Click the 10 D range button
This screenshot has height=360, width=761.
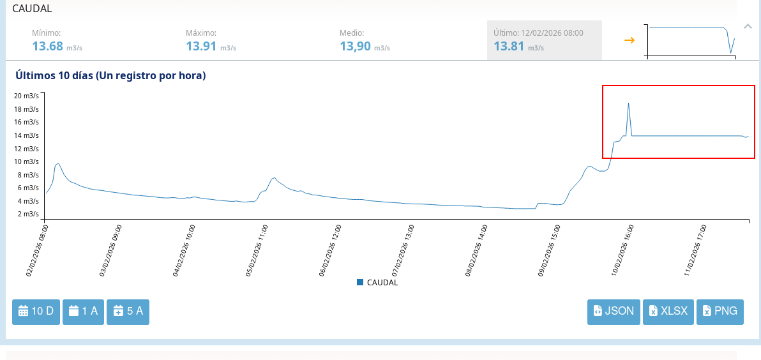pyautogui.click(x=36, y=311)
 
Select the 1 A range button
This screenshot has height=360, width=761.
pyautogui.click(x=83, y=311)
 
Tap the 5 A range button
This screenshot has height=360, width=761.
pyautogui.click(x=128, y=311)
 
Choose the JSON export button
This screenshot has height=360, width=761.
pyautogui.click(x=614, y=311)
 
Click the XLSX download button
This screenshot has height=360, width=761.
pyautogui.click(x=668, y=311)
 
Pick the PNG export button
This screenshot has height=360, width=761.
pyautogui.click(x=720, y=311)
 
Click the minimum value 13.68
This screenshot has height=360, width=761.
pyautogui.click(x=48, y=46)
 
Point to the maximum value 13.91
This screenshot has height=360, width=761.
pyautogui.click(x=202, y=46)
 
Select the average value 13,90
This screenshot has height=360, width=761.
pyautogui.click(x=355, y=46)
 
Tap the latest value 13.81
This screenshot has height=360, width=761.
pyautogui.click(x=509, y=46)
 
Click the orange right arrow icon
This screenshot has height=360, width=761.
pyautogui.click(x=629, y=40)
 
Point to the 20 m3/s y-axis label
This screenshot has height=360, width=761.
pyautogui.click(x=27, y=96)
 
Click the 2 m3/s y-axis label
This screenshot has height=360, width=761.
pyautogui.click(x=29, y=214)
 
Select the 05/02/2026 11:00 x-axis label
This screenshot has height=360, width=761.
pyautogui.click(x=257, y=250)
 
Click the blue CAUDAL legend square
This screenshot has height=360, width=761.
pyautogui.click(x=360, y=282)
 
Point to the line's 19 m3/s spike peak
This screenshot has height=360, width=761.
pyautogui.click(x=628, y=103)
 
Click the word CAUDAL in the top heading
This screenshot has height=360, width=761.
pyautogui.click(x=32, y=9)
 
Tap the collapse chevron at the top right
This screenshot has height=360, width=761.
pyautogui.click(x=748, y=26)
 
